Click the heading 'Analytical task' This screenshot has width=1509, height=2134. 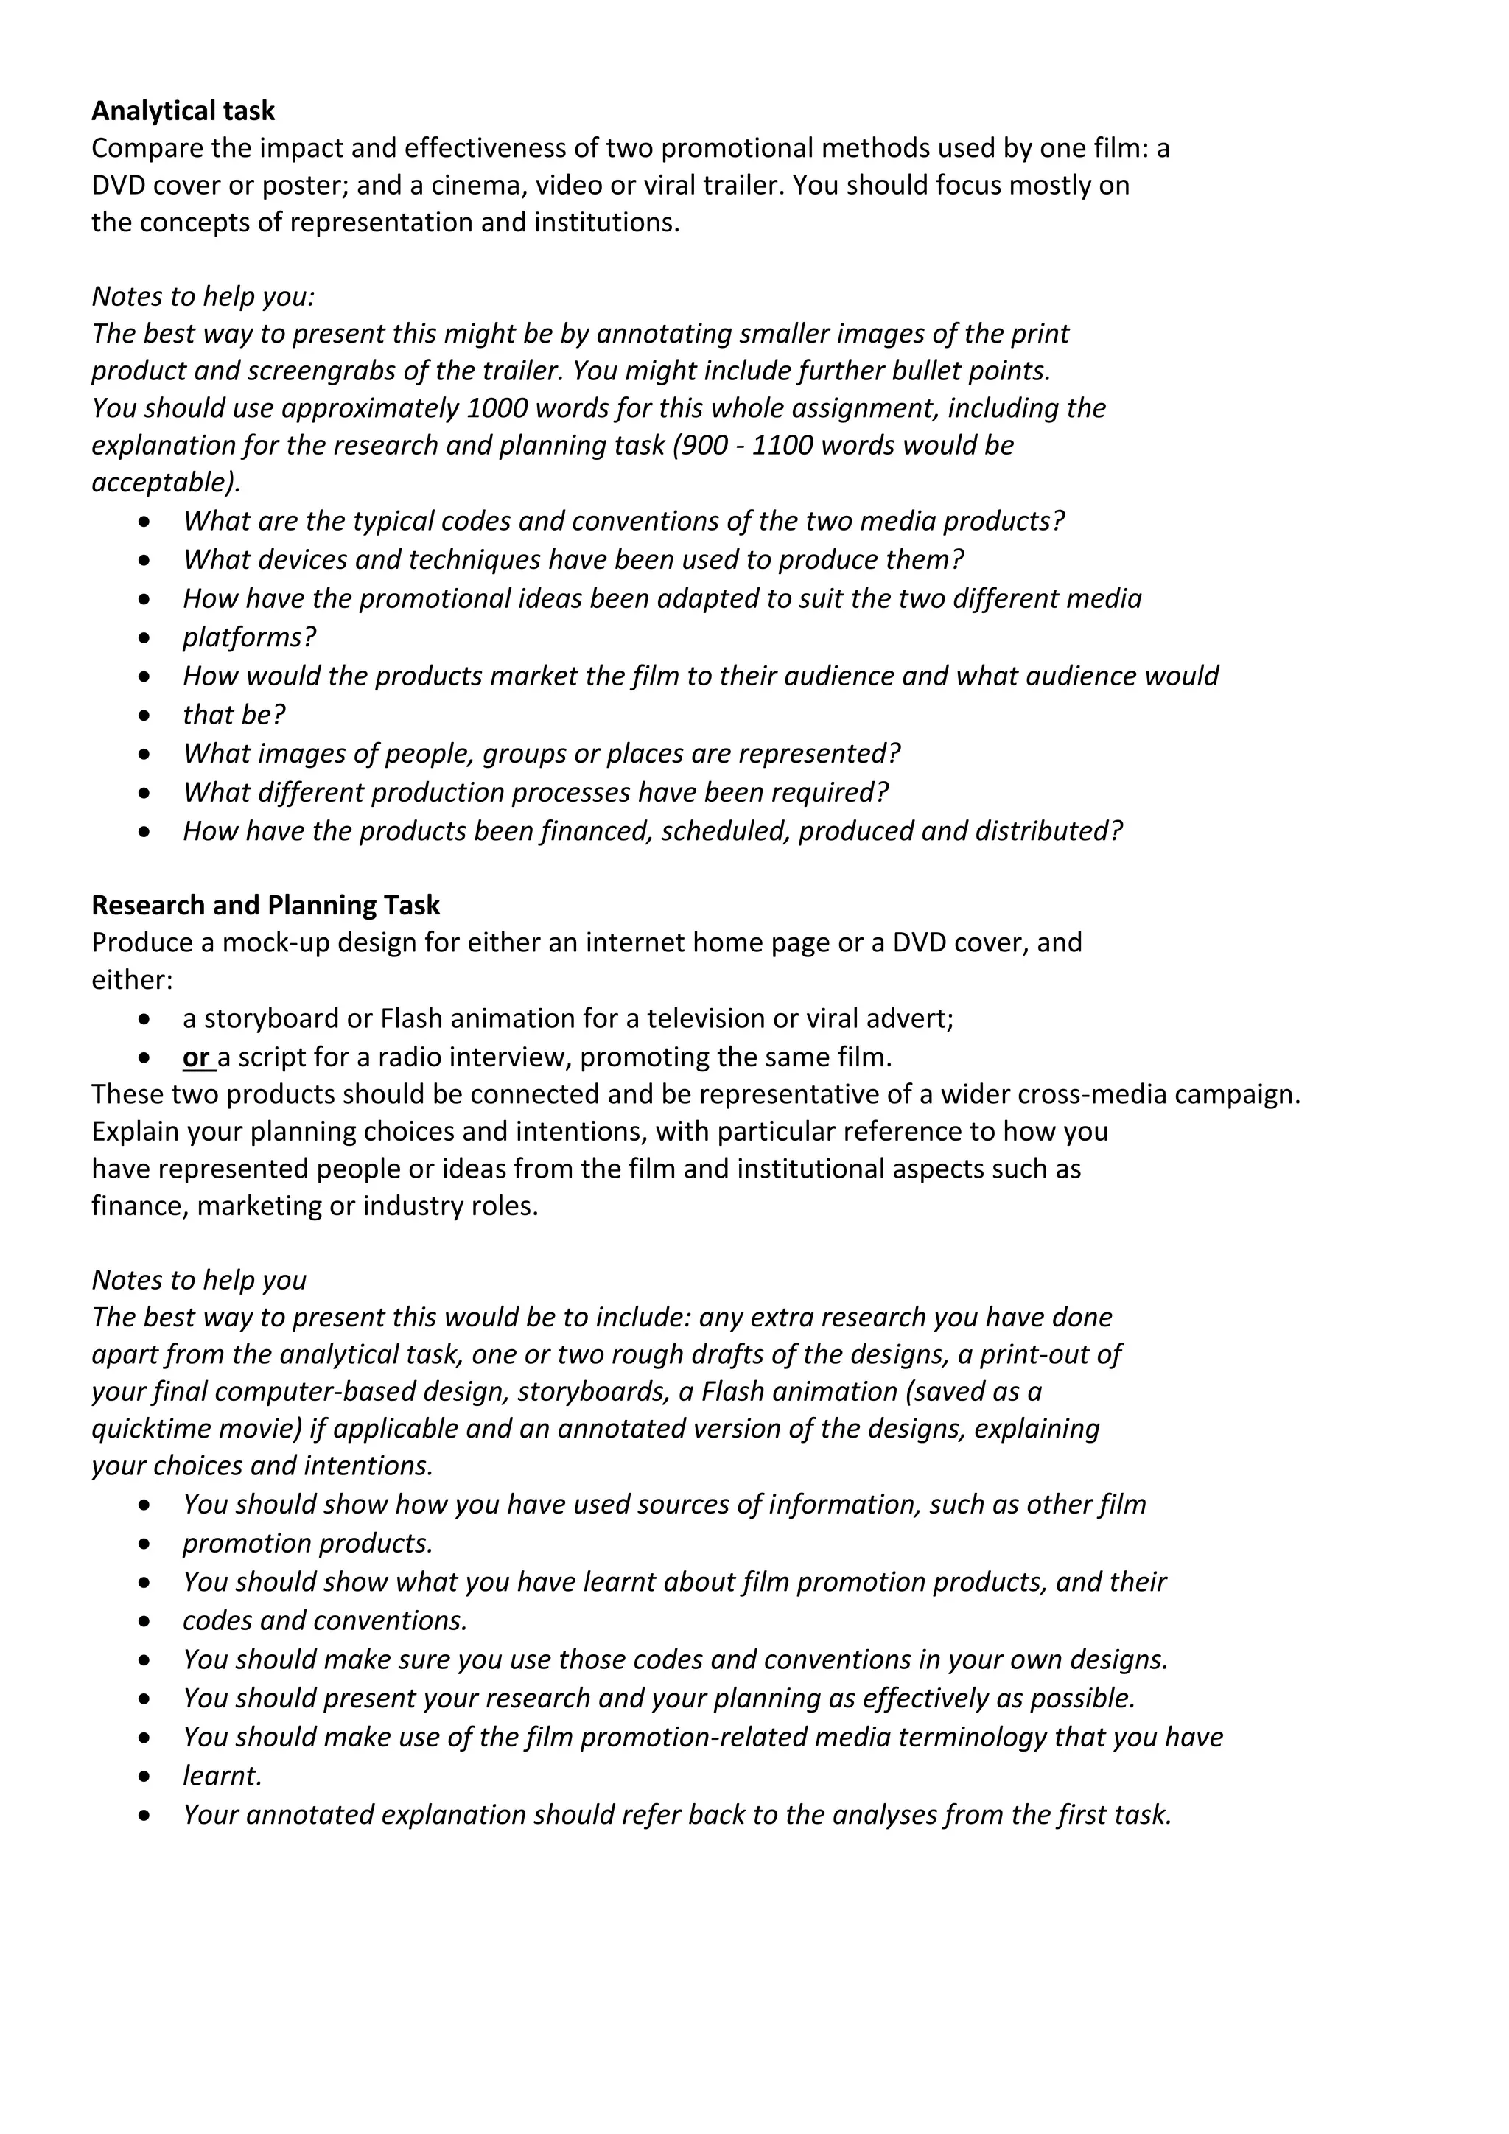tap(183, 111)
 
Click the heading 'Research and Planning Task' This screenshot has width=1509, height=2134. tap(266, 906)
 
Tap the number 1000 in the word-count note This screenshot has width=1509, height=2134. tap(498, 409)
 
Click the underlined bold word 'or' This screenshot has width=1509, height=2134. tap(196, 1057)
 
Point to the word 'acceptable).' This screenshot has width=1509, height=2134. tap(165, 483)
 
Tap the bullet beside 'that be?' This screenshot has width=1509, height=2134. tap(143, 716)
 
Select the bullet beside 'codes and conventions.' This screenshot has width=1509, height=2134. tap(143, 1622)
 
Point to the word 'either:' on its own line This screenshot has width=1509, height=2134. tap(132, 981)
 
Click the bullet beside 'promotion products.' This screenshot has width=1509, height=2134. tap(143, 1544)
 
